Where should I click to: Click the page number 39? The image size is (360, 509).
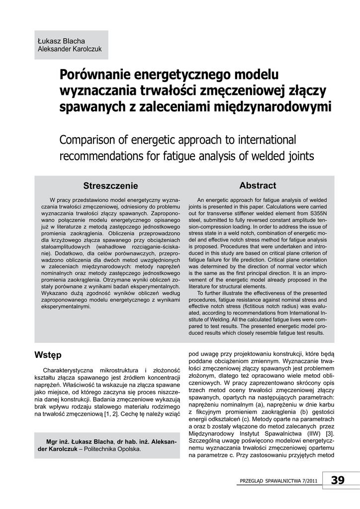(x=337, y=480)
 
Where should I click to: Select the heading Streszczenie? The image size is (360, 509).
(x=110, y=186)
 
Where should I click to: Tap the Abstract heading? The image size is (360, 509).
(x=258, y=185)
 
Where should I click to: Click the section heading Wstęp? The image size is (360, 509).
(x=48, y=354)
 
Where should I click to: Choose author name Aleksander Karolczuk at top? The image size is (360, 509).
(x=70, y=49)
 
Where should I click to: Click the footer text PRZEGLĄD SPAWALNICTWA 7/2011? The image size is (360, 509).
(x=278, y=481)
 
